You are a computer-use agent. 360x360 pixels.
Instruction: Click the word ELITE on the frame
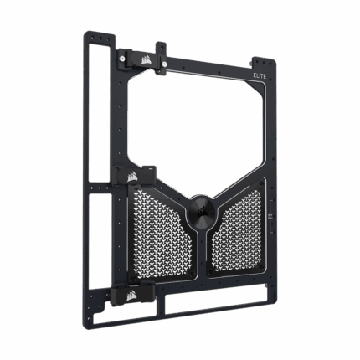point(260,76)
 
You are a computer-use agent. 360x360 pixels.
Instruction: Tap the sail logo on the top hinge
point(147,59)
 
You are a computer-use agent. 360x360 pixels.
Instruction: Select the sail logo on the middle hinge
point(132,177)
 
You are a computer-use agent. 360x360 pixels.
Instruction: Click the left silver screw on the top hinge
point(121,59)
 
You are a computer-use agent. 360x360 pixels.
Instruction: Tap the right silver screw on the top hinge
point(164,64)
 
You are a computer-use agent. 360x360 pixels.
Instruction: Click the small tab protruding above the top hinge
point(161,47)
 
